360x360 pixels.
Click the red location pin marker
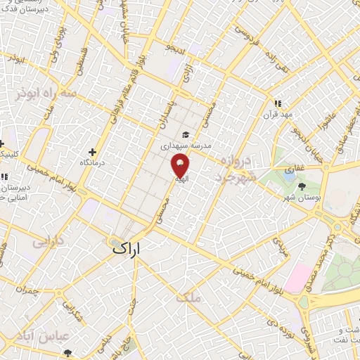click(x=180, y=166)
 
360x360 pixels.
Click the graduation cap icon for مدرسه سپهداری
click(x=186, y=134)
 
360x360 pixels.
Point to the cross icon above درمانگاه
click(x=93, y=151)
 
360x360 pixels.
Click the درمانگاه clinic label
click(x=93, y=162)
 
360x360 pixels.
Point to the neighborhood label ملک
click(x=190, y=297)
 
